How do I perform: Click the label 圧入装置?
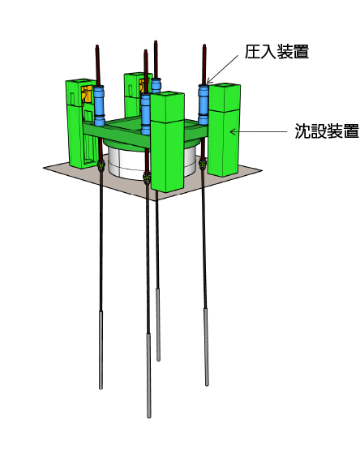pyautogui.click(x=276, y=52)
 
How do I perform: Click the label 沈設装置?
pyautogui.click(x=327, y=131)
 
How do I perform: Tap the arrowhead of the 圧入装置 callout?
pyautogui.click(x=209, y=81)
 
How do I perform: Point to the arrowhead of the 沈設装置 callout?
pyautogui.click(x=233, y=131)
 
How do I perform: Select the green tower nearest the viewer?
pyautogui.click(x=167, y=142)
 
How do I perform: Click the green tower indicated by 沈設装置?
pyautogui.click(x=224, y=130)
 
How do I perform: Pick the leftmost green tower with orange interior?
pyautogui.click(x=81, y=123)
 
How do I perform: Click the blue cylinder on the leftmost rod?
pyautogui.click(x=100, y=105)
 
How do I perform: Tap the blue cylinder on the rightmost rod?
pyautogui.click(x=204, y=104)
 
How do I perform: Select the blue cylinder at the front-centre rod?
pyautogui.click(x=146, y=113)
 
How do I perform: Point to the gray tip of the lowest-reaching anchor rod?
pyautogui.click(x=148, y=375)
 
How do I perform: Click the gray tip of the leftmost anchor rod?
pyautogui.click(x=101, y=350)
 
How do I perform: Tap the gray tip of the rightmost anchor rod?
pyautogui.click(x=206, y=347)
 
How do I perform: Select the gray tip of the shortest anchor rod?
pyautogui.click(x=158, y=324)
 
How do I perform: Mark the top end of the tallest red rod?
pyautogui.click(x=156, y=41)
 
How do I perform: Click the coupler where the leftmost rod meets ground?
pyautogui.click(x=101, y=165)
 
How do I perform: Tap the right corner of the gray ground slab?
pyautogui.click(x=262, y=171)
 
